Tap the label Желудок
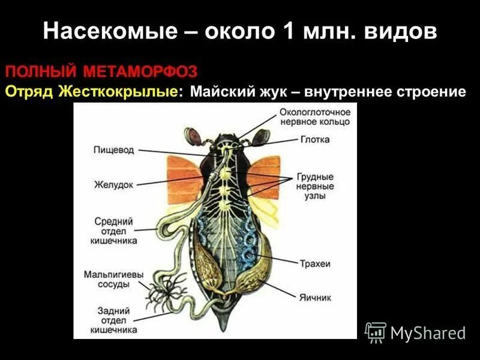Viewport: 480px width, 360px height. [x=112, y=184]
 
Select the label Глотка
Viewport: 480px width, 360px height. [x=314, y=140]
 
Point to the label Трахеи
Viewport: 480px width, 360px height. [x=314, y=263]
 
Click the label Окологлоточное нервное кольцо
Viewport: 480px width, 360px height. [x=314, y=117]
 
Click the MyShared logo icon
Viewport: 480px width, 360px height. [x=376, y=332]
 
